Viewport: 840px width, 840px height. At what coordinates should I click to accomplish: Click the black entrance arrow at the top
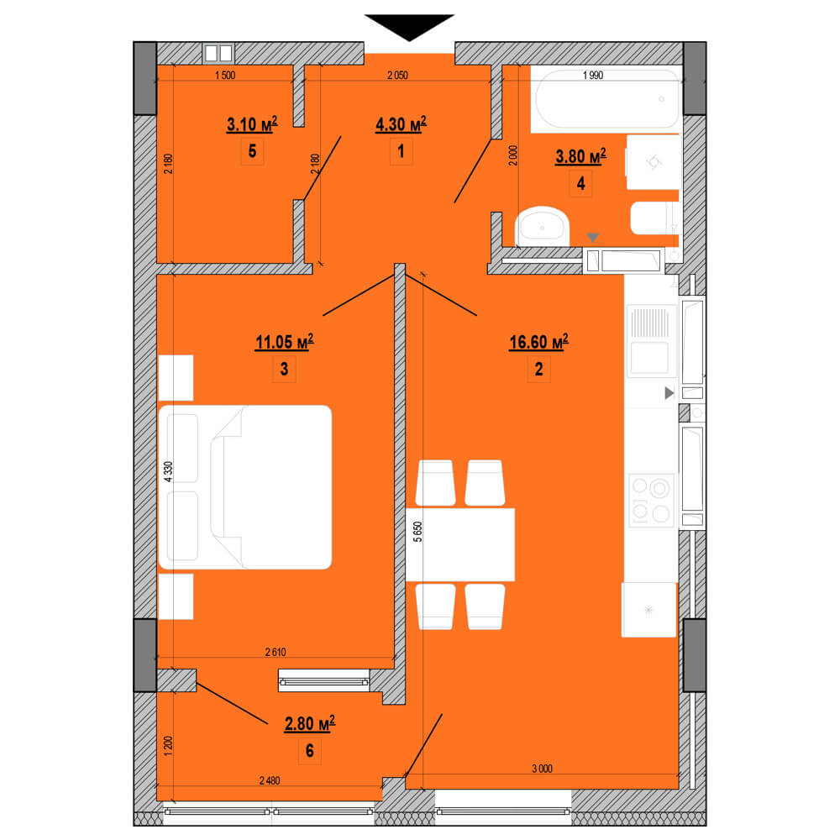pyautogui.click(x=409, y=27)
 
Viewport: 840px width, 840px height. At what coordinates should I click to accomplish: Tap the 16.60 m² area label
pyautogui.click(x=538, y=342)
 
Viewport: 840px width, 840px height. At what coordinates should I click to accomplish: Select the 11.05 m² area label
pyautogui.click(x=285, y=342)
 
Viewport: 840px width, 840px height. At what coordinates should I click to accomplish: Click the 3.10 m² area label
pyautogui.click(x=252, y=124)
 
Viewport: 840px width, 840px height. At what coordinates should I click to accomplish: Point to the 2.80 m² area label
pyautogui.click(x=310, y=724)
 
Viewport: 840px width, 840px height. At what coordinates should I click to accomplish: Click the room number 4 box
pyautogui.click(x=580, y=184)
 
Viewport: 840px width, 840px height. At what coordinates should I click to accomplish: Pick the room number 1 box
pyautogui.click(x=401, y=151)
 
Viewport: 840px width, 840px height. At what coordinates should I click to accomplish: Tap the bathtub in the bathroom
pyautogui.click(x=607, y=98)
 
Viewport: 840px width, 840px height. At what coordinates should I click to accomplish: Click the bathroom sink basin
pyautogui.click(x=542, y=227)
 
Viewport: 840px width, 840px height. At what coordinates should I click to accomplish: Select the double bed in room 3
pyautogui.click(x=244, y=487)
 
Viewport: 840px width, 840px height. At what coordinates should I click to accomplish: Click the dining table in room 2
pyautogui.click(x=460, y=544)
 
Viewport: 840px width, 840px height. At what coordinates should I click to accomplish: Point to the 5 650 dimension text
pyautogui.click(x=417, y=532)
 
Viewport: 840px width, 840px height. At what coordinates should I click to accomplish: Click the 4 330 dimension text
pyautogui.click(x=168, y=472)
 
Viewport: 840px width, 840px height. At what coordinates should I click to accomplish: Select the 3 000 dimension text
pyautogui.click(x=542, y=769)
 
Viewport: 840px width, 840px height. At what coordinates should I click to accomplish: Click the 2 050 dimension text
pyautogui.click(x=397, y=76)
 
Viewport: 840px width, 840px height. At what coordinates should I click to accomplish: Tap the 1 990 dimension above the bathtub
pyautogui.click(x=592, y=76)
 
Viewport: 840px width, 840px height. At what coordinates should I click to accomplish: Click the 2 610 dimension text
pyautogui.click(x=276, y=652)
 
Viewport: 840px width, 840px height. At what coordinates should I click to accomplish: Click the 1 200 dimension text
pyautogui.click(x=168, y=746)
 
